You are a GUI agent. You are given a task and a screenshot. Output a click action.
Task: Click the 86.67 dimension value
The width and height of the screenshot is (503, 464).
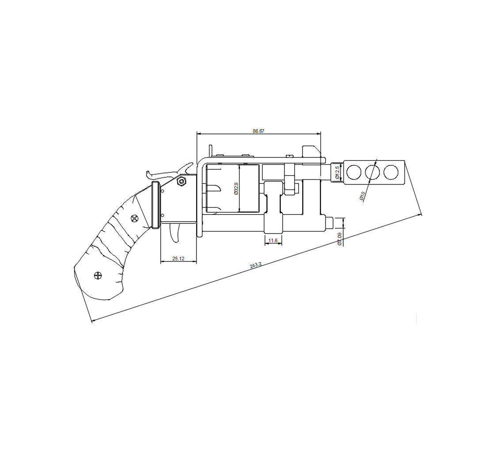[259, 131]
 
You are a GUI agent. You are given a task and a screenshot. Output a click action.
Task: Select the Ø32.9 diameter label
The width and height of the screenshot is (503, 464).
[236, 189]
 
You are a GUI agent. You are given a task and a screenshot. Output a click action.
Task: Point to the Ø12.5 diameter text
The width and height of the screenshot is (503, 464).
[337, 172]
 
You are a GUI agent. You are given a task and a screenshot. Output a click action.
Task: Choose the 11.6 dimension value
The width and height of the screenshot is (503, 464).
[273, 240]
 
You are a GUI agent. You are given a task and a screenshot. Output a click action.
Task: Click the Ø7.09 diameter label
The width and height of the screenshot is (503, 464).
[339, 239]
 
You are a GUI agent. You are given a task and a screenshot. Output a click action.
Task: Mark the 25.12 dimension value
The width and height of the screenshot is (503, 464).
[178, 259]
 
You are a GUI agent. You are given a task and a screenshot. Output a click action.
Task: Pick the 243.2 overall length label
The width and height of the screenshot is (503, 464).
[256, 265]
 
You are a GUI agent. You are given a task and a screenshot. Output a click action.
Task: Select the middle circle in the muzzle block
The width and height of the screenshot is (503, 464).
[372, 172]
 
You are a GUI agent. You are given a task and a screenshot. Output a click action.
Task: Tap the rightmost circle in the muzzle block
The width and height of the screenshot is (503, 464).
[391, 172]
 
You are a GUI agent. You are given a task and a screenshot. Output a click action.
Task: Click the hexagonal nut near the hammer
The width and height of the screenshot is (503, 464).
[180, 181]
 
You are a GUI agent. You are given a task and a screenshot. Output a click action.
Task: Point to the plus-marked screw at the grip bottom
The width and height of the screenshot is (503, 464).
[98, 275]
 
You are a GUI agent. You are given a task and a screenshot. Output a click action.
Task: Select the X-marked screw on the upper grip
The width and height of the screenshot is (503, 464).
[135, 218]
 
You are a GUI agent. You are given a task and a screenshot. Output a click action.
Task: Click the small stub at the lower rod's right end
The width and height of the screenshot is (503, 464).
[329, 222]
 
